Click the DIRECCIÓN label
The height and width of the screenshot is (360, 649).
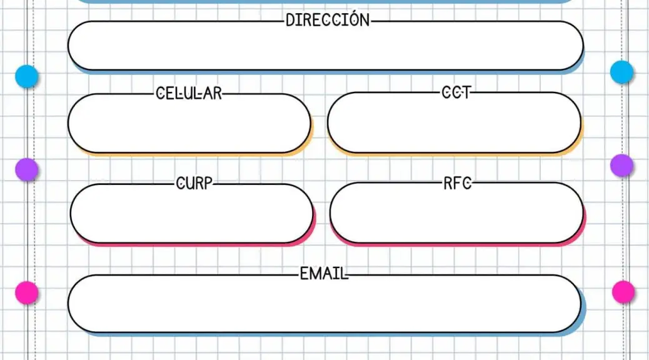pyautogui.click(x=328, y=20)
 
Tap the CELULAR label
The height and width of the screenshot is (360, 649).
pyautogui.click(x=189, y=93)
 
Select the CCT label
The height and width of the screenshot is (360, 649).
pyautogui.click(x=456, y=92)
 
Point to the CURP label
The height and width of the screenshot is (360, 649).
pyautogui.click(x=194, y=183)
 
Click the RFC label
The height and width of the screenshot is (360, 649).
pyautogui.click(x=457, y=183)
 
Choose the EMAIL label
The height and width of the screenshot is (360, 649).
pyautogui.click(x=324, y=274)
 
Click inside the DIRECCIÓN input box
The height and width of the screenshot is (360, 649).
pyautogui.click(x=326, y=46)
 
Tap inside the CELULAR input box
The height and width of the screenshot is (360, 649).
pyautogui.click(x=189, y=123)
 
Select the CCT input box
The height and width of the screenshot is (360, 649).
pyautogui.click(x=454, y=122)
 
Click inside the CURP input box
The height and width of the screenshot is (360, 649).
pyautogui.click(x=192, y=213)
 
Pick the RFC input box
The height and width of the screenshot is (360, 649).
pyautogui.click(x=456, y=212)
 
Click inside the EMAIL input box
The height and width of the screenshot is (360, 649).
pyautogui.click(x=324, y=303)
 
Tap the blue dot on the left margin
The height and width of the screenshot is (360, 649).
pyautogui.click(x=27, y=76)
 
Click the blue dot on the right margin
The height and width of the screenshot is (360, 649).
pyautogui.click(x=621, y=72)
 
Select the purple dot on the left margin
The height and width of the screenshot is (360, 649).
pyautogui.click(x=27, y=169)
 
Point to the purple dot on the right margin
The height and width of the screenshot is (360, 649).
pyautogui.click(x=621, y=166)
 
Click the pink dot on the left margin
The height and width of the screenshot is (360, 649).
pyautogui.click(x=27, y=292)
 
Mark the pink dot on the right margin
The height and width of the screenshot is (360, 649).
pyautogui.click(x=623, y=292)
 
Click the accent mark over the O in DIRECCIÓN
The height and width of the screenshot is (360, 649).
pyautogui.click(x=354, y=13)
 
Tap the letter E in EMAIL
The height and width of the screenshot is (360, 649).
pyautogui.click(x=304, y=274)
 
